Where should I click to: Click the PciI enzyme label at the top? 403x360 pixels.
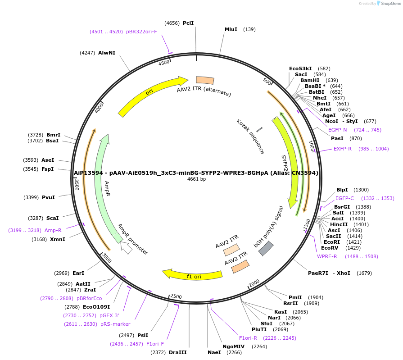(188, 23)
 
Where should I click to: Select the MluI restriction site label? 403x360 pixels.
(231, 29)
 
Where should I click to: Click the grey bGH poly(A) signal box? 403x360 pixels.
(266, 248)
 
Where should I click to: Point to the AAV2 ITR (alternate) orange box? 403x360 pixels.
(205, 80)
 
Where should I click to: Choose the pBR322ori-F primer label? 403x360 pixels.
(141, 32)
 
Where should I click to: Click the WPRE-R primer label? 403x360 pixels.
(327, 256)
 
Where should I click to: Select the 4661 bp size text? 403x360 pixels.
(196, 179)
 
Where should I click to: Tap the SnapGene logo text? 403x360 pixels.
(390, 3)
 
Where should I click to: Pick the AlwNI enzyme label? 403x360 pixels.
(107, 53)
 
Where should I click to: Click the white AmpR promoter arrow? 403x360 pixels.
(126, 247)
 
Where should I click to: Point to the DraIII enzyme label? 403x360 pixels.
(177, 352)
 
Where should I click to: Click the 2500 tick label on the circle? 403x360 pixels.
(176, 297)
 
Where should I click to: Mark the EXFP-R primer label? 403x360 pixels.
(342, 149)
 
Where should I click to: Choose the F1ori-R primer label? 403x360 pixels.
(248, 337)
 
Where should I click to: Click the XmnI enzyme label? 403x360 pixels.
(57, 239)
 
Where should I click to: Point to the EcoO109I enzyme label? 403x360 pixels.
(96, 307)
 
